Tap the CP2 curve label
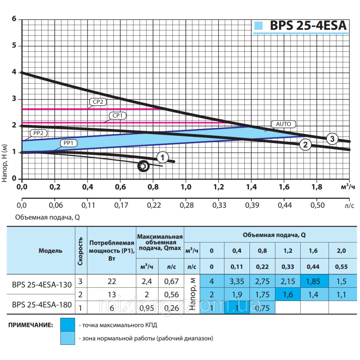tap(98, 102)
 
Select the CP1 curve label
tap(117, 116)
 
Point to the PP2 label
tap(39, 132)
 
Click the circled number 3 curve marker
tap(332, 139)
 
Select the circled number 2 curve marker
tap(305, 145)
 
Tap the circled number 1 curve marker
tap(162, 157)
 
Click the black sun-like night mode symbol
tap(143, 166)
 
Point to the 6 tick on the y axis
tap(14, 19)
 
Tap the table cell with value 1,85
tap(313, 281)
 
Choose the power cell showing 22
tap(112, 281)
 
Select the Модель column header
tap(50, 251)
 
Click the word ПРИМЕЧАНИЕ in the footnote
tap(31, 325)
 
